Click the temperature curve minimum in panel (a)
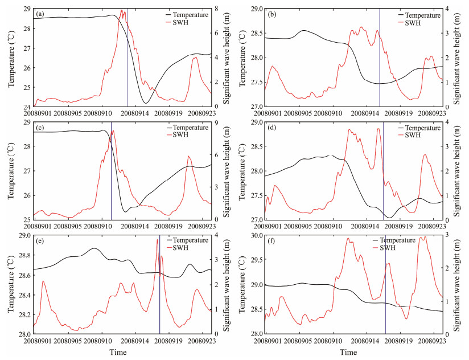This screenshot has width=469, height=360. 146,103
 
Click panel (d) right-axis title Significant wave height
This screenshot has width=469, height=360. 458,171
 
